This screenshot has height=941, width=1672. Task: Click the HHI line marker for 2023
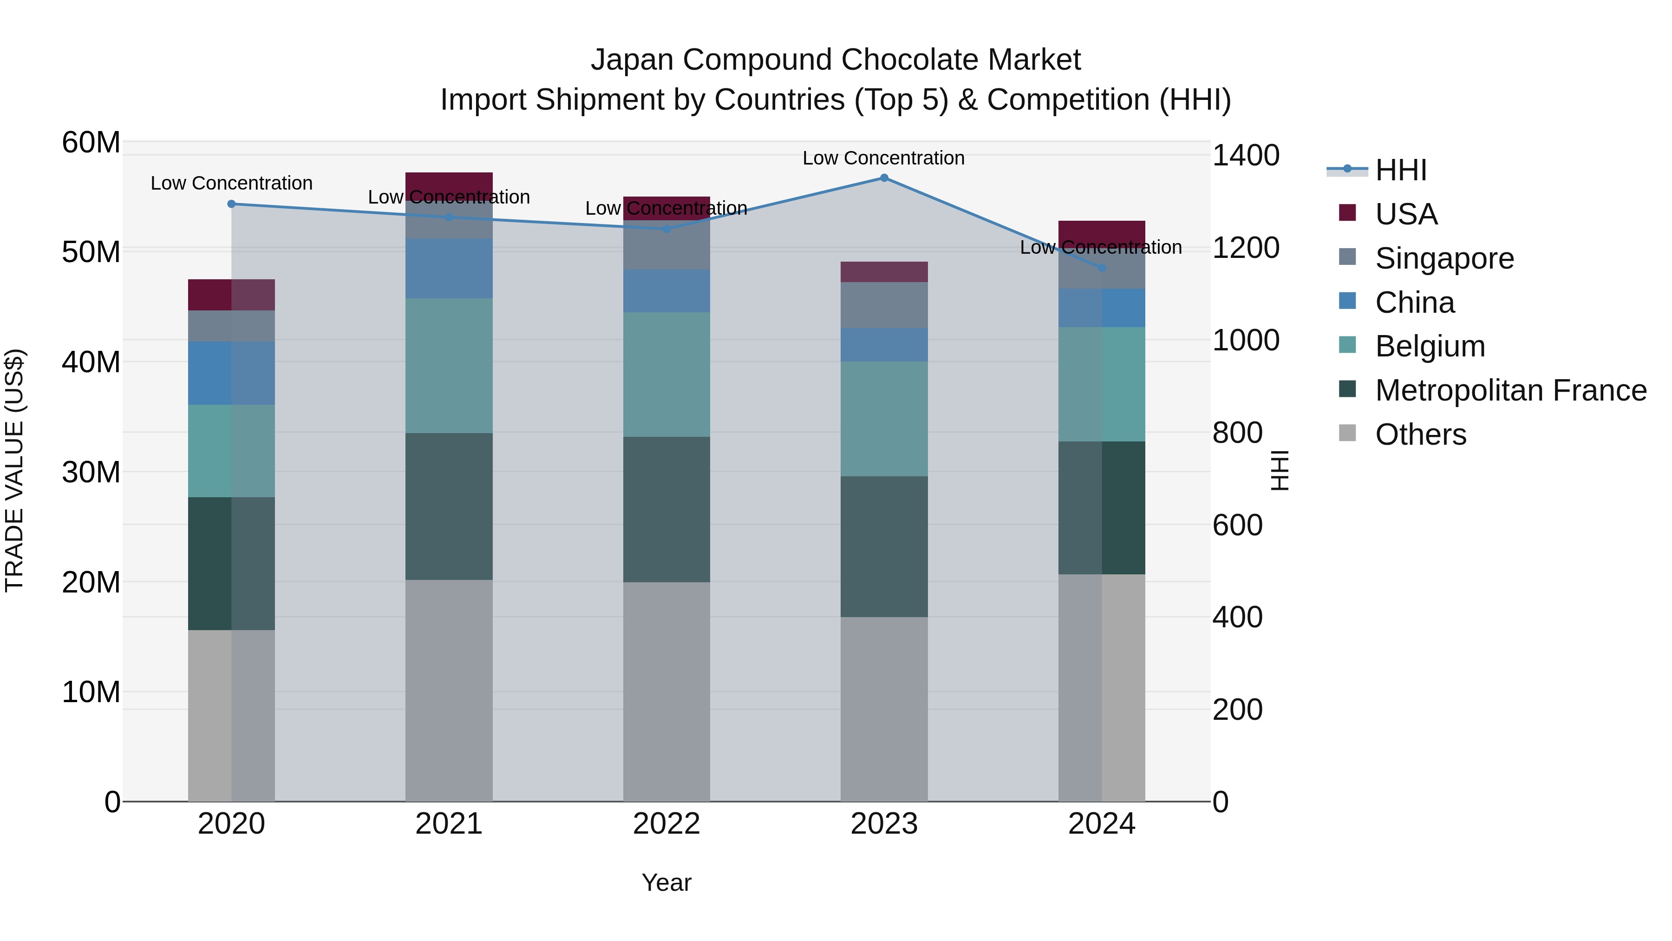[884, 178]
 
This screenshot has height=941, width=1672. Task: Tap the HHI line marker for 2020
[231, 204]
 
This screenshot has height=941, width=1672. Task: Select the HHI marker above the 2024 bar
[1102, 268]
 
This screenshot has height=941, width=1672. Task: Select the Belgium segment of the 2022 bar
[666, 374]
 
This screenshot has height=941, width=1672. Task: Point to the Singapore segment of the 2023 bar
[884, 305]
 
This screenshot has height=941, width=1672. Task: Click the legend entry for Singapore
[1444, 258]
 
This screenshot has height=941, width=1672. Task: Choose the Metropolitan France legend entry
[1510, 390]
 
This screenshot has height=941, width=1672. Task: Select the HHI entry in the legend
[1401, 170]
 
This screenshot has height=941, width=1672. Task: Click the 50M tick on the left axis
[91, 252]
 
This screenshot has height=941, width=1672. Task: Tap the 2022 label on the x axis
[666, 824]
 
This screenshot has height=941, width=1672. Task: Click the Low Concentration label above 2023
[883, 158]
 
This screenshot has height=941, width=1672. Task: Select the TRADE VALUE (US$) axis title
[14, 470]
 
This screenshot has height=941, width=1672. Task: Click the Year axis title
[666, 882]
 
